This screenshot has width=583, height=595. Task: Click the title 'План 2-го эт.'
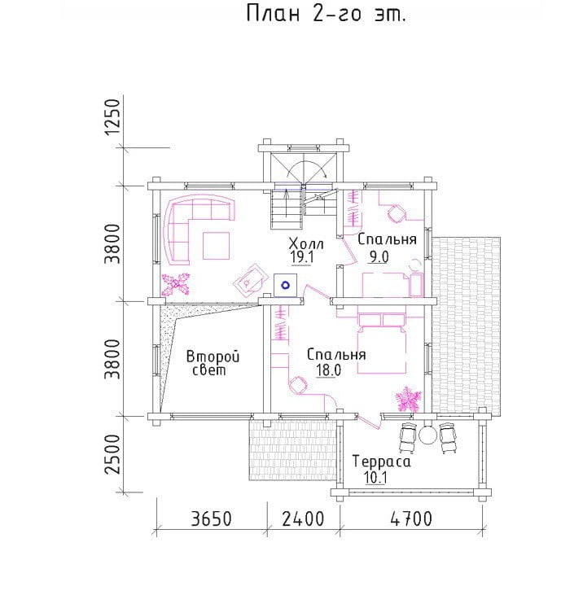coord(326,14)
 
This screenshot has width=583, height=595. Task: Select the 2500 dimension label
coord(112,454)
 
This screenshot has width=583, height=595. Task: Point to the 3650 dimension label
coord(211,518)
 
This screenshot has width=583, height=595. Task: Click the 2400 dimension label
coord(303,518)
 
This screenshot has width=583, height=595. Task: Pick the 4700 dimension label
coord(411,518)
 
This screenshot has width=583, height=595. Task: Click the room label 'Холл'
coord(306,243)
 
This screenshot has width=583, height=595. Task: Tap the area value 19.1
coord(302,257)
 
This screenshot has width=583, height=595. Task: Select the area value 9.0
coord(379,257)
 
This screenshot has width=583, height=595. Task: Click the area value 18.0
coord(329,370)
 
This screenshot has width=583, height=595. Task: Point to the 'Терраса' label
coord(381,462)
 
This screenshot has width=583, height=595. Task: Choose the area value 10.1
coord(375,477)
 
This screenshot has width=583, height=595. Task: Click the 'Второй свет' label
coord(213,363)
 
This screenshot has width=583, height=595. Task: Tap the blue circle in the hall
coord(285,285)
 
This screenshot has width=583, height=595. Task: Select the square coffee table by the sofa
coord(216,246)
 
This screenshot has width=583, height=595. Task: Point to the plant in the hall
coord(176,284)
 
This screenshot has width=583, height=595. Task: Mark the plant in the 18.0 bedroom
coord(409,399)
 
